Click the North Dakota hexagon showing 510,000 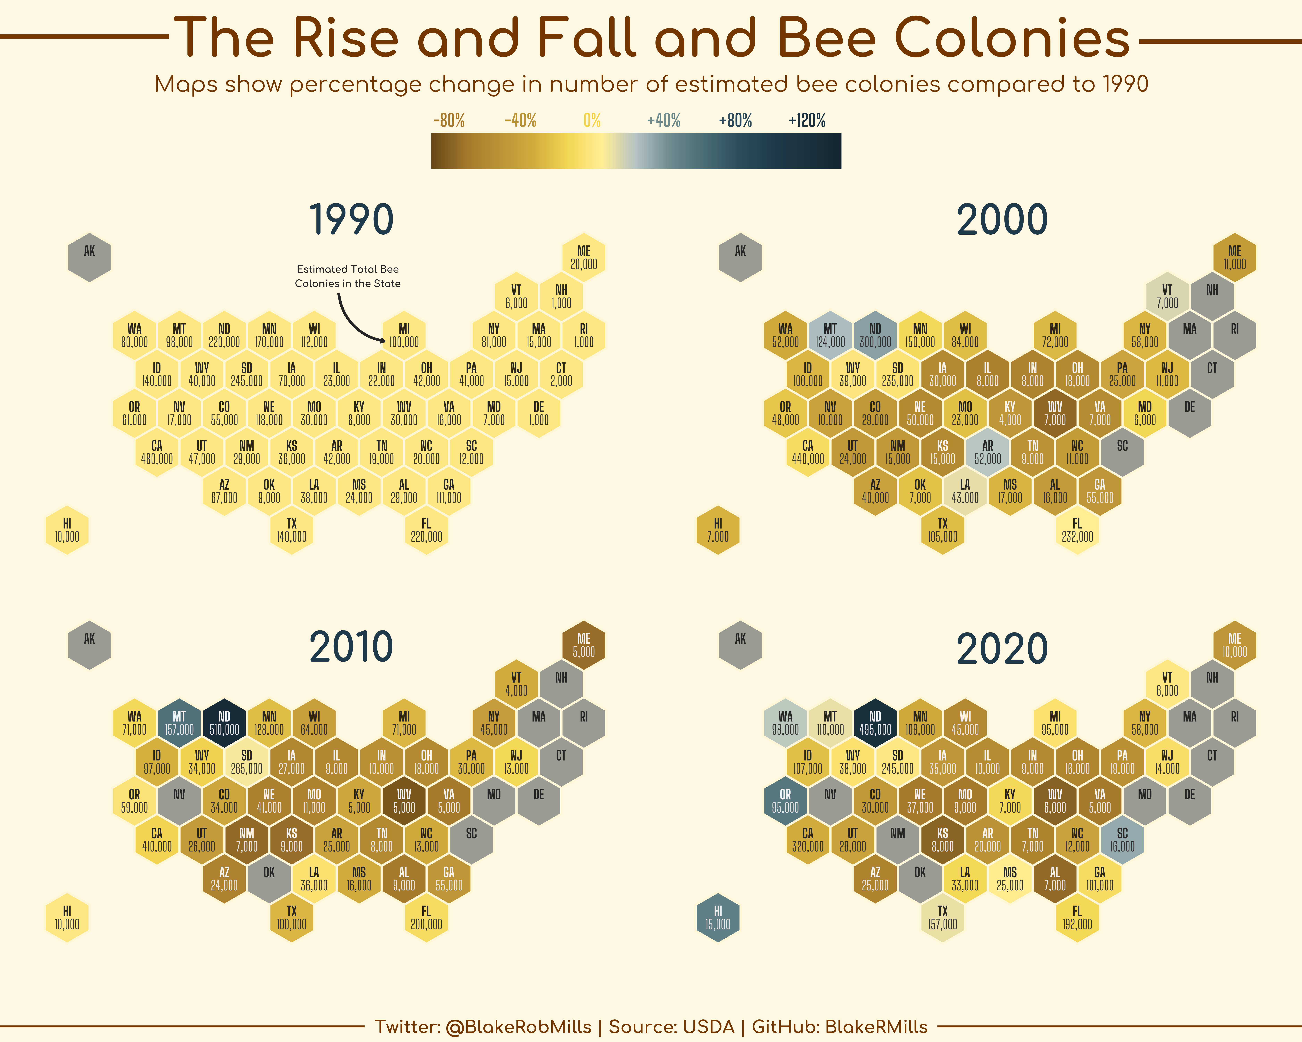tap(224, 723)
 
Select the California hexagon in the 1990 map tap(156, 452)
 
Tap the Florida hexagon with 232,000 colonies tap(1077, 530)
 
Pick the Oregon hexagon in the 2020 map tap(785, 801)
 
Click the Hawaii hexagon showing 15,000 tap(717, 917)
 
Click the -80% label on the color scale tap(449, 121)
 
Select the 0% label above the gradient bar tap(592, 121)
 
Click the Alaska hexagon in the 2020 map tap(740, 645)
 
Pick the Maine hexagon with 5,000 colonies tap(583, 645)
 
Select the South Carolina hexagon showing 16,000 tap(1122, 840)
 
